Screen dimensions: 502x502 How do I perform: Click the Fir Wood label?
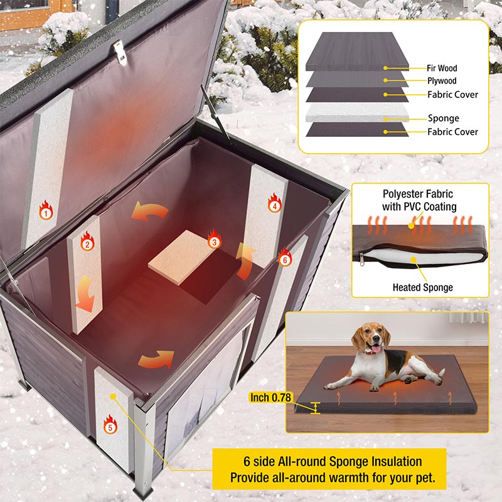click(442, 68)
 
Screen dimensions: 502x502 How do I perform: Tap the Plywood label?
click(442, 81)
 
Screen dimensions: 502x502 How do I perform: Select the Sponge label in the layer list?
click(443, 118)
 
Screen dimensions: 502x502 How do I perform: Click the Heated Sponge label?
click(422, 287)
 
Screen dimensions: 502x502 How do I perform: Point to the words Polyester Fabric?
click(419, 195)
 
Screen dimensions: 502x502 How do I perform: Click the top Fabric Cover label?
click(452, 95)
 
